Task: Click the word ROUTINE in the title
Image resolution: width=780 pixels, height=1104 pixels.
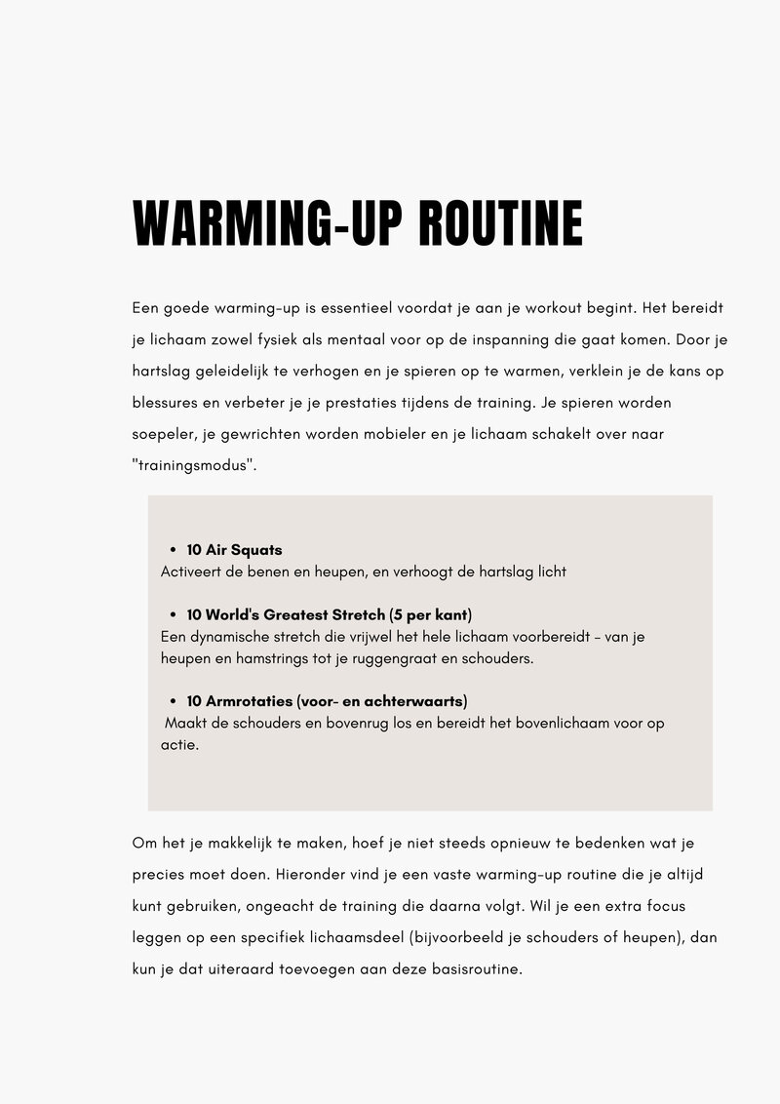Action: (x=500, y=224)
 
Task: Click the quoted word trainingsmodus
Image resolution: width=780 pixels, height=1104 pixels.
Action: (x=193, y=465)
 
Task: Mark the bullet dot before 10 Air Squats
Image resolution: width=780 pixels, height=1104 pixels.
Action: (x=172, y=551)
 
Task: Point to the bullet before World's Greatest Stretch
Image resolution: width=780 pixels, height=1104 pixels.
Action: (x=172, y=615)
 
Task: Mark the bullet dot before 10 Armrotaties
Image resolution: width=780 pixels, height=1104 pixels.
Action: (x=172, y=701)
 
